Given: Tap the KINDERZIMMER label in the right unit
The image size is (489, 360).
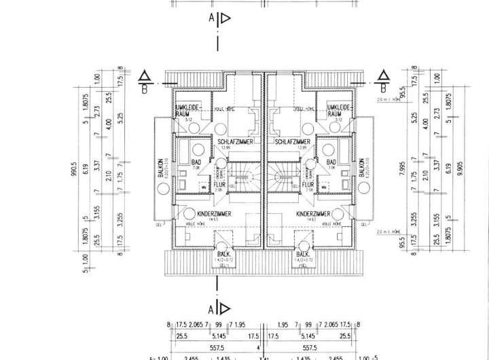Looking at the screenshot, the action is coord(314,213).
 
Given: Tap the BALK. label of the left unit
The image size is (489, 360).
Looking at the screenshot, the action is coord(221,254).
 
